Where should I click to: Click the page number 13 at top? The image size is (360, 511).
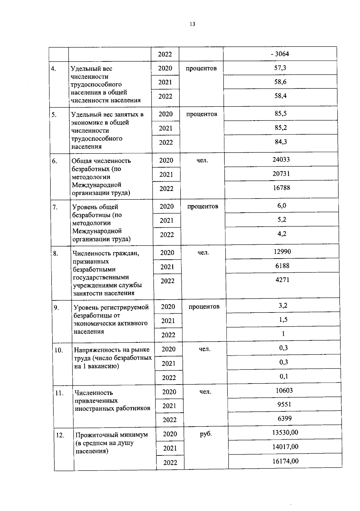(192, 24)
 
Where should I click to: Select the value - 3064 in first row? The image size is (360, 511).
(280, 54)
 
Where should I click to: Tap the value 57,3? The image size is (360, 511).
(280, 68)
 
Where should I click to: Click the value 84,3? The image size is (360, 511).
(281, 142)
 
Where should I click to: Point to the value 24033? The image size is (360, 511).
(281, 160)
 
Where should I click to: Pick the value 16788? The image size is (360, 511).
(281, 188)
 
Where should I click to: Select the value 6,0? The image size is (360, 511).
(282, 206)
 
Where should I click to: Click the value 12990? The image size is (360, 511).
(282, 252)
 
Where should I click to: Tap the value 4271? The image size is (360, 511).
(282, 280)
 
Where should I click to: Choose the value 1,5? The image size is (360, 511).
(283, 320)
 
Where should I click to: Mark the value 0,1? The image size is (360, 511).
(284, 376)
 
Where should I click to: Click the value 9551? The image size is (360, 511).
(284, 405)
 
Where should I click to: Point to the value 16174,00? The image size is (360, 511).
(285, 461)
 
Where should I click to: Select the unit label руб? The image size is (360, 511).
(206, 434)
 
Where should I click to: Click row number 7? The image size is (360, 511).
(55, 207)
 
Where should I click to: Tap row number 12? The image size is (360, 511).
(60, 435)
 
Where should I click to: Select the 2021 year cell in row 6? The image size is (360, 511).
(166, 175)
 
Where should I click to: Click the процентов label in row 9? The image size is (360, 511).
(204, 307)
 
